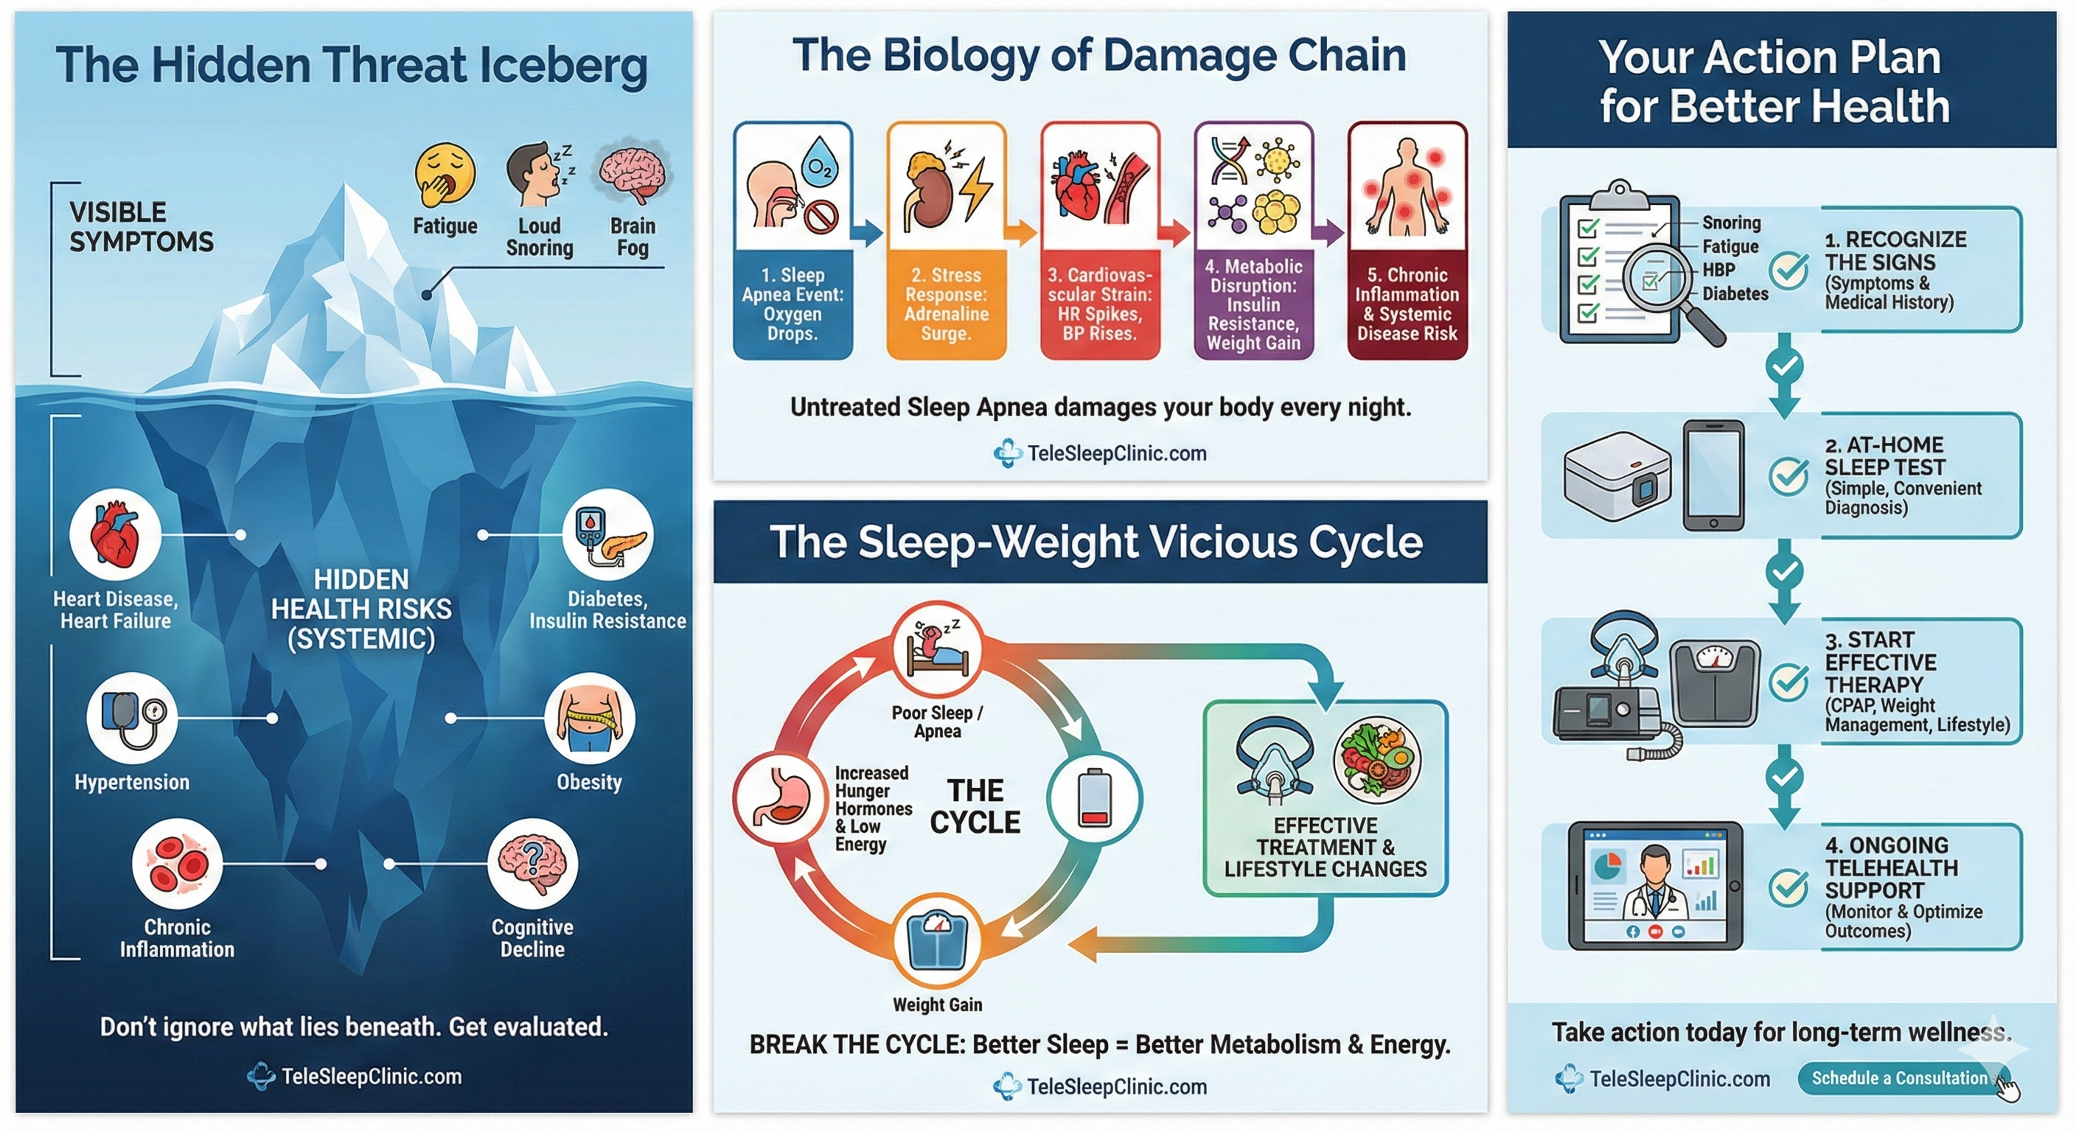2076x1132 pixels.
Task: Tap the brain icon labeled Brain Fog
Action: pos(633,172)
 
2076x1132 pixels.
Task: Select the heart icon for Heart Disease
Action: pos(115,534)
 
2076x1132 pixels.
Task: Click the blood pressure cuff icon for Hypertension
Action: pos(132,717)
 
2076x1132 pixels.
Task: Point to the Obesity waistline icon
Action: pos(590,717)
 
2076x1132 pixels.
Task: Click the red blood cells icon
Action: pos(177,863)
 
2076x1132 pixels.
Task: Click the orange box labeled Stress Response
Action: pos(946,304)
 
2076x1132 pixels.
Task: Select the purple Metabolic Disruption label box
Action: pos(1253,304)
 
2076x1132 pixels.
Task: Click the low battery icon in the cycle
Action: pos(1093,797)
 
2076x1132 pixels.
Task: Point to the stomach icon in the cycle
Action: pos(779,797)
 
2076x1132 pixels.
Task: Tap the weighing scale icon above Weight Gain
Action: pos(936,940)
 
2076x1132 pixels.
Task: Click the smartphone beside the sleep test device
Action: pos(1713,475)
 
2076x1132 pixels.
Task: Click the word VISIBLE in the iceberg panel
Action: pos(118,212)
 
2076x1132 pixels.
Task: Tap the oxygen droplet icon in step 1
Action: pos(821,161)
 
